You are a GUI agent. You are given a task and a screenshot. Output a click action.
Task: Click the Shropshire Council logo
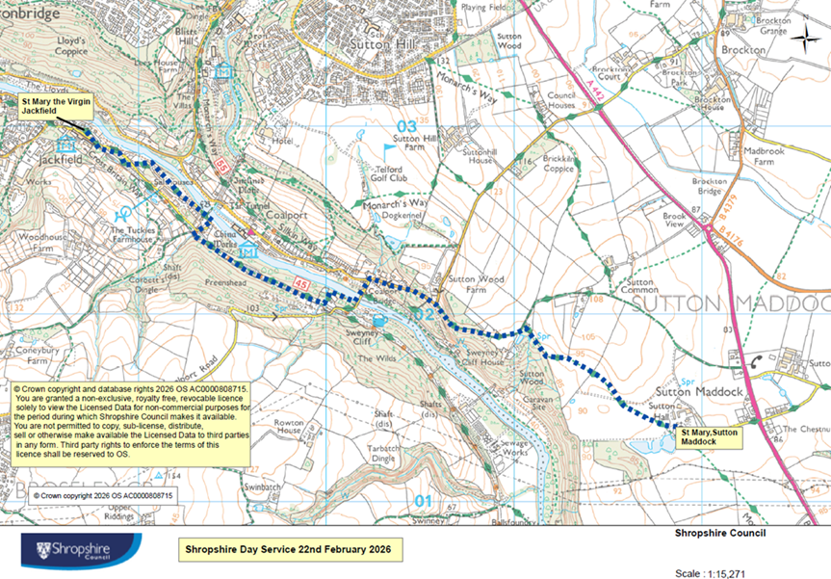pyautogui.click(x=82, y=551)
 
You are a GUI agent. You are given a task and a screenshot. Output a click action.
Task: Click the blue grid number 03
pyautogui.click(x=407, y=126)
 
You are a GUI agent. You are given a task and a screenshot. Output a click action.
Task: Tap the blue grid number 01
pyautogui.click(x=422, y=500)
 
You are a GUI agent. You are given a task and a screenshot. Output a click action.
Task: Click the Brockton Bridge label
pyautogui.click(x=709, y=186)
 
